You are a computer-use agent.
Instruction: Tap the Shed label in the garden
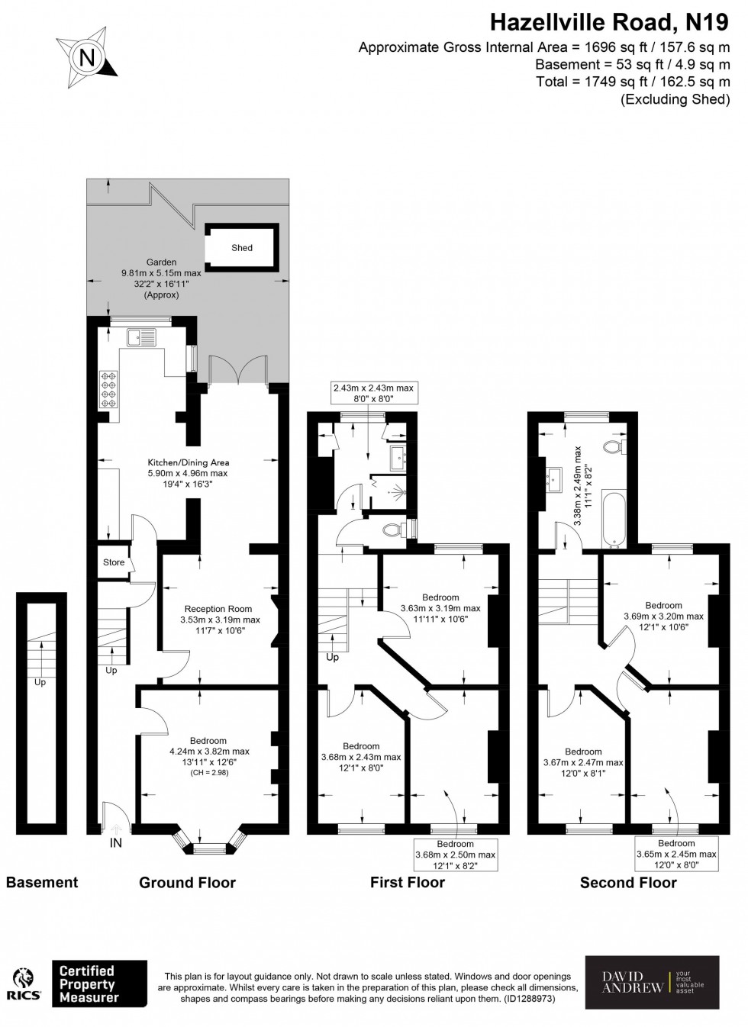(242, 248)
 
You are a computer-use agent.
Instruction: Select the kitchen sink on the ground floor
(142, 336)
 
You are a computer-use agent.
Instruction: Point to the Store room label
(114, 563)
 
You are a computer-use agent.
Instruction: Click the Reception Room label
(218, 609)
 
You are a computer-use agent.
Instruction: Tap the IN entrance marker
(115, 843)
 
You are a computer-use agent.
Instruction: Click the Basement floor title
(42, 883)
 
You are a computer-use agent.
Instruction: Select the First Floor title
(408, 883)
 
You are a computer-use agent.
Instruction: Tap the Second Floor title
(628, 883)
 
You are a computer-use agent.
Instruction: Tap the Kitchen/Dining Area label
(189, 462)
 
